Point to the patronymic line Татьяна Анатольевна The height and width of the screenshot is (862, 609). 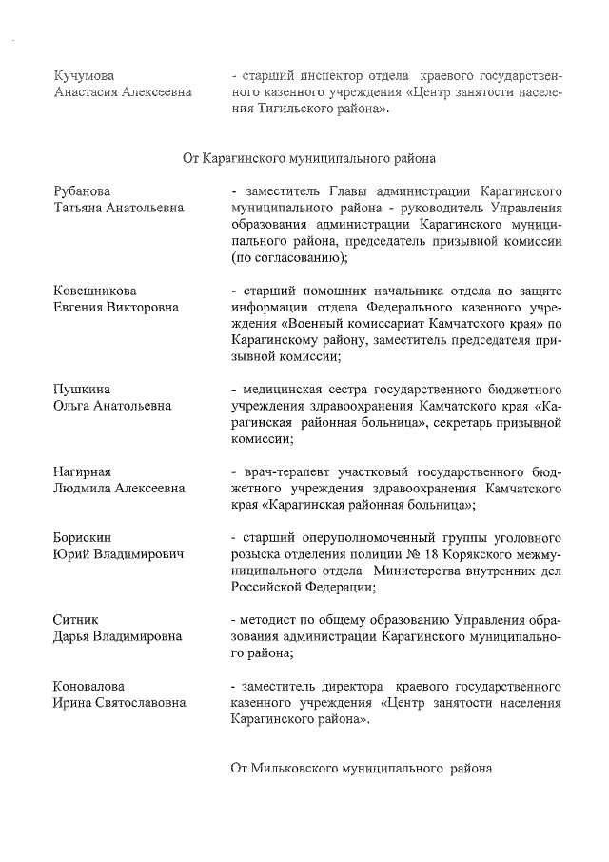(x=118, y=208)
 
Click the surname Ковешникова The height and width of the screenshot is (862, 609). (x=94, y=290)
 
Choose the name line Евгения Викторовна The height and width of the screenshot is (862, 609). (x=115, y=307)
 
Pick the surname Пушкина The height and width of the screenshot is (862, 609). (x=81, y=389)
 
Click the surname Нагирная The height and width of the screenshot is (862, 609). (x=82, y=471)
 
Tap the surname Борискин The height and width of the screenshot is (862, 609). (x=83, y=537)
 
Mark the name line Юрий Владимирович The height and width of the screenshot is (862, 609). (x=117, y=554)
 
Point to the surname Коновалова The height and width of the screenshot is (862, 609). (x=88, y=686)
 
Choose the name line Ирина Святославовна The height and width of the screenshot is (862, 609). (x=119, y=703)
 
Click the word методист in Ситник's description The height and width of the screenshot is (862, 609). (x=275, y=620)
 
